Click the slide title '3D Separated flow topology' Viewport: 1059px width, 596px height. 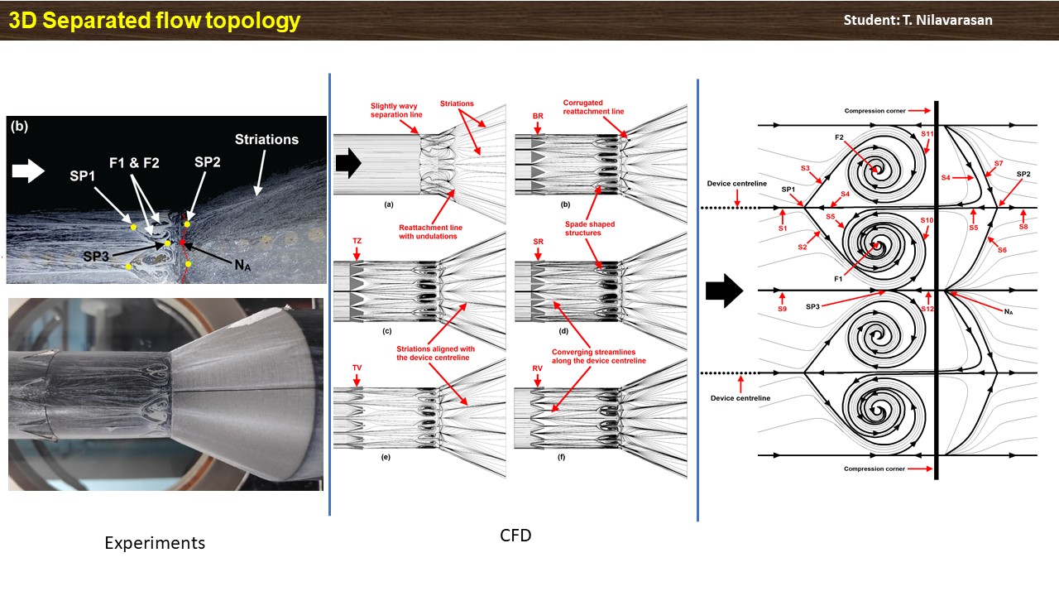pyautogui.click(x=154, y=20)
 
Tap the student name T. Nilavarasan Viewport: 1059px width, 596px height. pyautogui.click(x=918, y=20)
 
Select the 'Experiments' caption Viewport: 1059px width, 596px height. pyautogui.click(x=155, y=543)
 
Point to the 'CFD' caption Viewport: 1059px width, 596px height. pyautogui.click(x=515, y=536)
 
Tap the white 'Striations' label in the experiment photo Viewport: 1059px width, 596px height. pyautogui.click(x=266, y=139)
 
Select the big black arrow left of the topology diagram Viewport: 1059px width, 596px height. pyautogui.click(x=721, y=291)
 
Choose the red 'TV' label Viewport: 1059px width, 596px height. pyautogui.click(x=357, y=367)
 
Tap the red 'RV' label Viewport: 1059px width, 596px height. pyautogui.click(x=539, y=367)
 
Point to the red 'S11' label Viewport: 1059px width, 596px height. pyautogui.click(x=927, y=133)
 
